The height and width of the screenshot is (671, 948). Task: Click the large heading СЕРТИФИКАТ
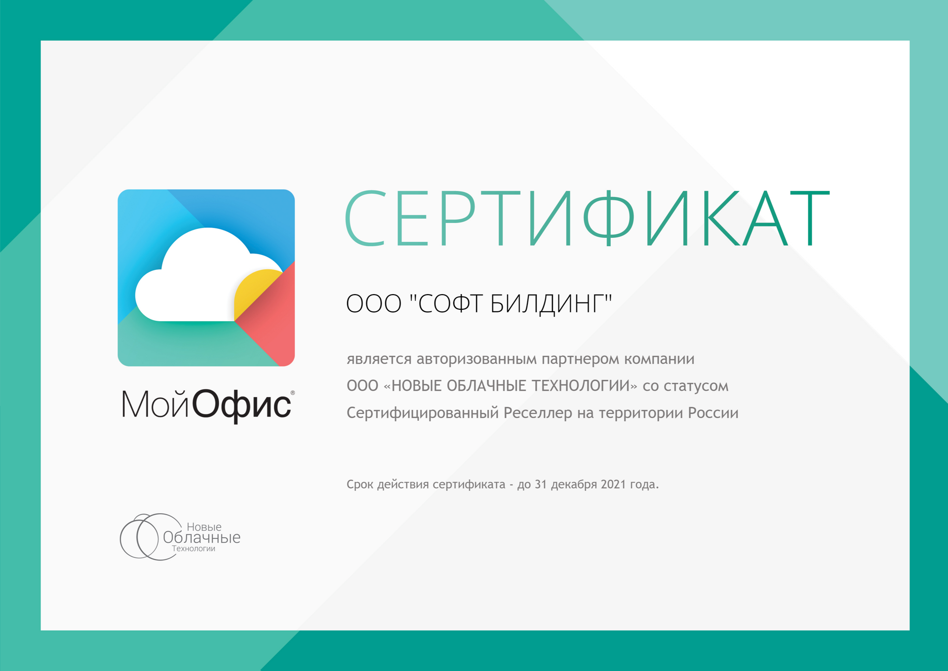[x=587, y=218]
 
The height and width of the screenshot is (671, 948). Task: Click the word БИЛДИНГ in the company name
[x=551, y=304]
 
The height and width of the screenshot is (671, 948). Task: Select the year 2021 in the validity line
[x=614, y=485]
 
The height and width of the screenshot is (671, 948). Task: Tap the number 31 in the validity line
[x=541, y=485]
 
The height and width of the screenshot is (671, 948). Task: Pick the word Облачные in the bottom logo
[x=201, y=537]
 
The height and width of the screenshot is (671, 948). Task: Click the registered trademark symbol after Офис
[x=293, y=393]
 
